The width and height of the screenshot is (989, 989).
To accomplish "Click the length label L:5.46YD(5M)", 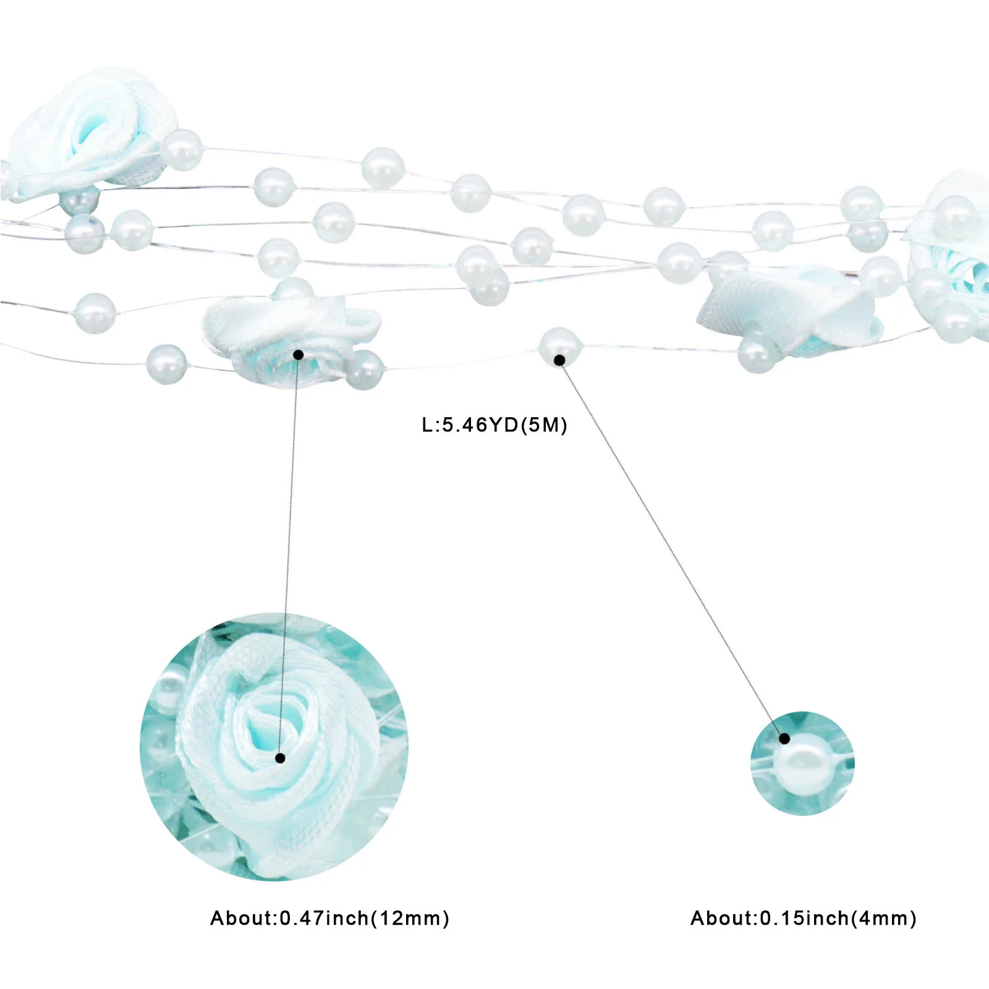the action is pos(494,425).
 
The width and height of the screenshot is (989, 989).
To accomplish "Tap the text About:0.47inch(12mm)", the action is pos(329,918).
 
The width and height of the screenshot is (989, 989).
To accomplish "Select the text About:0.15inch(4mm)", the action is pos(803,918).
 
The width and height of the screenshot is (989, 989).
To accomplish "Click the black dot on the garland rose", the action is pos(298,355).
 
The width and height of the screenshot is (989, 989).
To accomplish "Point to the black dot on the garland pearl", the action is pos(559,360).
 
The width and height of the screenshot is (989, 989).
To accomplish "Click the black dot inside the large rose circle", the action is pos(280,758).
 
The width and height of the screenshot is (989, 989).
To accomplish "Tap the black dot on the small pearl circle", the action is pos(784,738).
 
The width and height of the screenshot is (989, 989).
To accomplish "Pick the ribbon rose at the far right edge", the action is pos(949,253).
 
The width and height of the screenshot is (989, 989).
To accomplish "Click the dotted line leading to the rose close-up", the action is pos(289,556).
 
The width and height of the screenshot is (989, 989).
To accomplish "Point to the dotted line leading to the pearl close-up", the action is pos(672,549).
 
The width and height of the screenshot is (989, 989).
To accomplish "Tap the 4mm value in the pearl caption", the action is pos(883,918).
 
